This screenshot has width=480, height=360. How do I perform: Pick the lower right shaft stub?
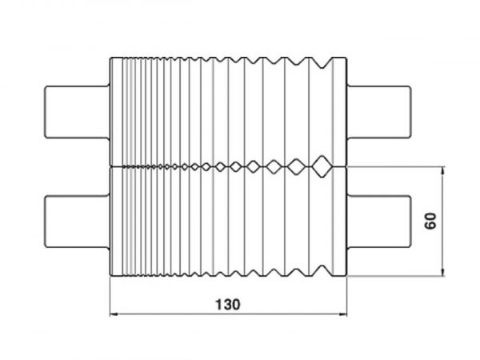[380, 221]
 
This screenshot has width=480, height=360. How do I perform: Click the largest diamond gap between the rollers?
[322, 165]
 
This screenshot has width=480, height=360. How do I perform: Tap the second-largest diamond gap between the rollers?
[297, 165]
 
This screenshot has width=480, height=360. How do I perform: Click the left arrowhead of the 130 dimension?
[114, 314]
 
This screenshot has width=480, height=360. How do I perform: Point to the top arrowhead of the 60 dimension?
[444, 170]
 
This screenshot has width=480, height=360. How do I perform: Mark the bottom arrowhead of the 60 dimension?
[444, 272]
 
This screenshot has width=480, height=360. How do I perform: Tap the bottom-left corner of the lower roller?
[110, 276]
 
